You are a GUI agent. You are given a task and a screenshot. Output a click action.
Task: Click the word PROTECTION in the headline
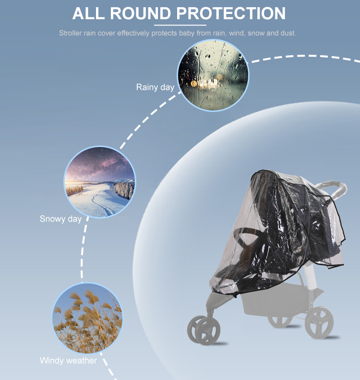[x=231, y=13]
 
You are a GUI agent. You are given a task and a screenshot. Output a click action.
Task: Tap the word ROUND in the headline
[x=141, y=13]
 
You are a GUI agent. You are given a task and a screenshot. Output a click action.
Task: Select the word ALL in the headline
[x=88, y=13]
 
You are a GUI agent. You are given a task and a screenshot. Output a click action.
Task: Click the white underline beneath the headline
[x=180, y=25]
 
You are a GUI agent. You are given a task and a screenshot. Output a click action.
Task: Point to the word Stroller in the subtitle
[x=70, y=33]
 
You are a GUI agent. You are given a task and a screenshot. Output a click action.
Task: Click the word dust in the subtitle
[x=288, y=33]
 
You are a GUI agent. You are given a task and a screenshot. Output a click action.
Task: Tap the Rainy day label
[x=155, y=87]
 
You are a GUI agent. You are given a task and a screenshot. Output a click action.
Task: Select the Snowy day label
[x=60, y=219]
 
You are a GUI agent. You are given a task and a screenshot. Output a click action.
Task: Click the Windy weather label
[x=68, y=361]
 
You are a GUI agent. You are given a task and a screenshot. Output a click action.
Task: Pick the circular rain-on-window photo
[x=213, y=75]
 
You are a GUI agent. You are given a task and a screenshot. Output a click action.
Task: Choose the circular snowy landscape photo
[x=99, y=182]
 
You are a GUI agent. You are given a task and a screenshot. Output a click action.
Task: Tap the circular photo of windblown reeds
[x=87, y=318]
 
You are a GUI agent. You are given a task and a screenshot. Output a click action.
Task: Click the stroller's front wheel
[x=204, y=330]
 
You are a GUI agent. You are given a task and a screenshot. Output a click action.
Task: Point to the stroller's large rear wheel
[x=319, y=322]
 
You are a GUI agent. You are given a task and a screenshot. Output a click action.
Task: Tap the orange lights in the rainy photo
[x=206, y=83]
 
